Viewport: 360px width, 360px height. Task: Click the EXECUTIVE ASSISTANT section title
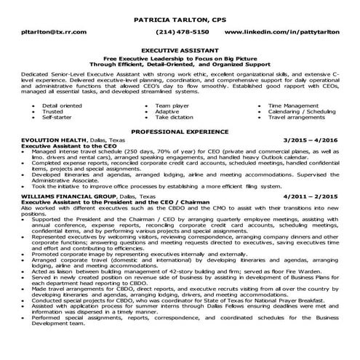[x=180, y=52]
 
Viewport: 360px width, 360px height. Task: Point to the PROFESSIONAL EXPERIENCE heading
[x=180, y=132]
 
